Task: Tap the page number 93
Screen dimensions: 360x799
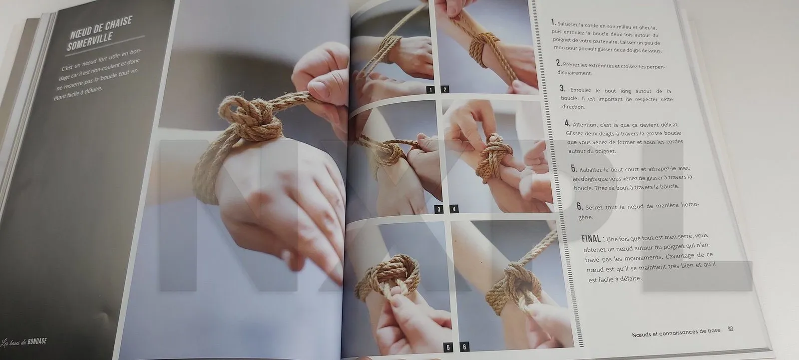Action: pyautogui.click(x=731, y=329)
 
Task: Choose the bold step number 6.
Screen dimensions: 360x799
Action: pyautogui.click(x=579, y=206)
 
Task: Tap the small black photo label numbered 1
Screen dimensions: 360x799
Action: pyautogui.click(x=429, y=90)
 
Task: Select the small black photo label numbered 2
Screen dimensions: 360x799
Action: pyautogui.click(x=445, y=90)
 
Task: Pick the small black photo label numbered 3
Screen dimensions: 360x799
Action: pyautogui.click(x=439, y=209)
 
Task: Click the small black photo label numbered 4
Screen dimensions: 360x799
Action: pyautogui.click(x=454, y=209)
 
